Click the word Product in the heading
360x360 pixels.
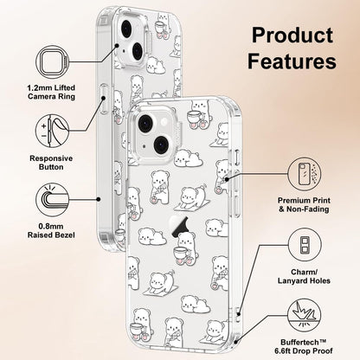(x=292, y=35)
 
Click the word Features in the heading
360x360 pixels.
(x=292, y=61)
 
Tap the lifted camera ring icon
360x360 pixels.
(x=53, y=62)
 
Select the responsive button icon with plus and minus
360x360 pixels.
(x=53, y=131)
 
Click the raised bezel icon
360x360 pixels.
(x=53, y=200)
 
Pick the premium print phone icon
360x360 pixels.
(x=305, y=174)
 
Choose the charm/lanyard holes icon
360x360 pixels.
(x=305, y=245)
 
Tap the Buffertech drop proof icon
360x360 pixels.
(x=305, y=315)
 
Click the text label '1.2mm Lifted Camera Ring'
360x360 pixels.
(x=51, y=92)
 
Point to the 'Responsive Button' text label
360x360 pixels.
(x=51, y=163)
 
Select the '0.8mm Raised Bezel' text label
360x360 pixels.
(x=51, y=231)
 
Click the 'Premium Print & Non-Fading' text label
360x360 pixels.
(x=304, y=205)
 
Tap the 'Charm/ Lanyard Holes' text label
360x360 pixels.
(x=304, y=276)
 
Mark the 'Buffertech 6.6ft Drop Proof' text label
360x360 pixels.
(x=304, y=347)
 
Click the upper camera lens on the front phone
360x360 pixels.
(x=145, y=123)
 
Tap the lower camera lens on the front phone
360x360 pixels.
(x=161, y=145)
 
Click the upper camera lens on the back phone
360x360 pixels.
(x=126, y=29)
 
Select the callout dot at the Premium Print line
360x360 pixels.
(x=227, y=179)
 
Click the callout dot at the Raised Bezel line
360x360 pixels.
(x=99, y=199)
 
